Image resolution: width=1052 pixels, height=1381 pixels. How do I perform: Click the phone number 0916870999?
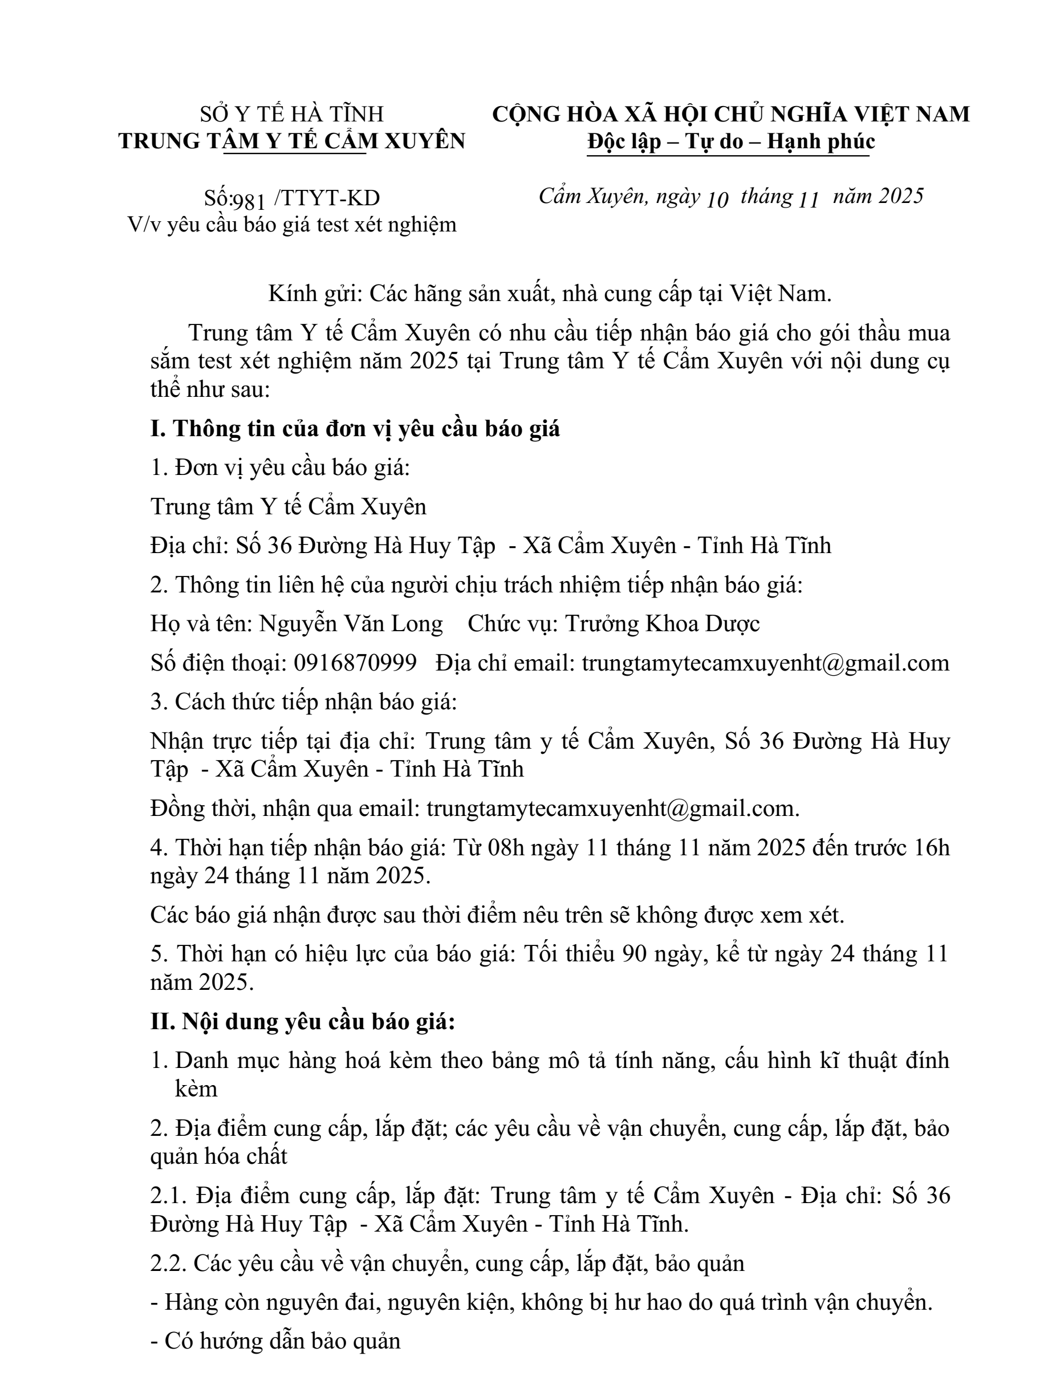(355, 663)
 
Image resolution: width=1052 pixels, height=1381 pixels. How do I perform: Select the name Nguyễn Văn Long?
(351, 624)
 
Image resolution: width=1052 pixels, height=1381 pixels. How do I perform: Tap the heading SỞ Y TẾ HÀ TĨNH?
(292, 114)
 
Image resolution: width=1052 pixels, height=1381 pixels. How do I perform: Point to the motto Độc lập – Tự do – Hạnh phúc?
(731, 142)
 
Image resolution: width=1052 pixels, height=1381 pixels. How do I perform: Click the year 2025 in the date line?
(900, 197)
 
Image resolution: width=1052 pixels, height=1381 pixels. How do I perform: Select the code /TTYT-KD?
(327, 198)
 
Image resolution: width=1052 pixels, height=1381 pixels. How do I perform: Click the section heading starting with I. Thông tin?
(355, 429)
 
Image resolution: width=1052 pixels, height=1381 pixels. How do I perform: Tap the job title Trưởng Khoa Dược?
(663, 624)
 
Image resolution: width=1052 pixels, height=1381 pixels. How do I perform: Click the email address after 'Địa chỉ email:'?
(765, 663)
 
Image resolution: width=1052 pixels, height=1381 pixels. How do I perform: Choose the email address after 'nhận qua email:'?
(612, 809)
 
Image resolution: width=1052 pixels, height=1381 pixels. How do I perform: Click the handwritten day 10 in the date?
(717, 199)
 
